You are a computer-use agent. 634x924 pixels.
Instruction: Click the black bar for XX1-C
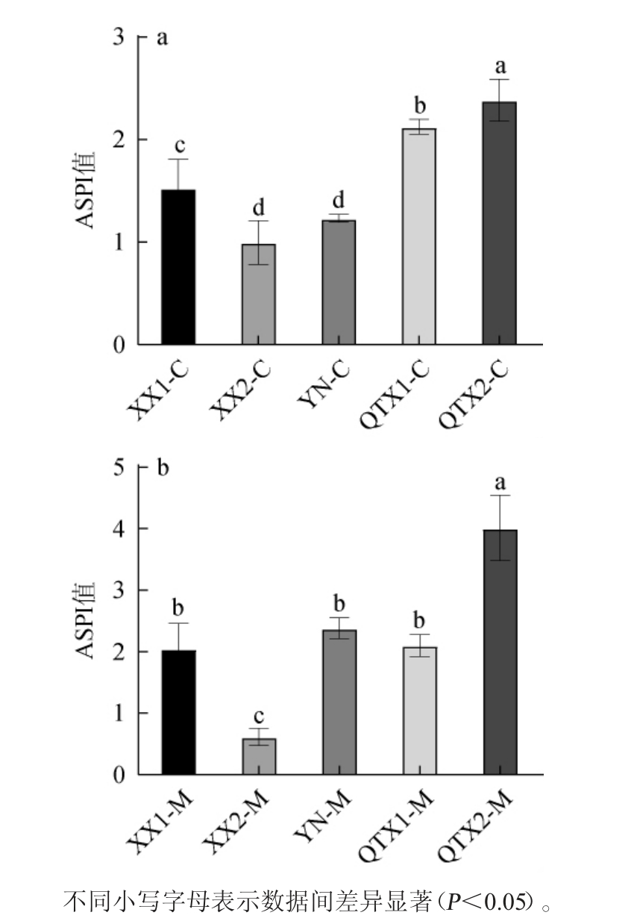pos(179,267)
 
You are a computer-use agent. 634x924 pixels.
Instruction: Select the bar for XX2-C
pos(259,294)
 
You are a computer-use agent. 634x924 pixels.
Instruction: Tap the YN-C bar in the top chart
pos(339,282)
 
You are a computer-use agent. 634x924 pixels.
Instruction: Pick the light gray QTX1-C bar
pos(419,237)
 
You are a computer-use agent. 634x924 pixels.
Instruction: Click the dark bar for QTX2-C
pos(500,223)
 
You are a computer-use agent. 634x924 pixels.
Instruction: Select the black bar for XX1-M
pos(179,712)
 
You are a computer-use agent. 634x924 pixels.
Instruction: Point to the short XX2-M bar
pos(259,756)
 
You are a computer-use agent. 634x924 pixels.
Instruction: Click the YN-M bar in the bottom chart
pos(339,702)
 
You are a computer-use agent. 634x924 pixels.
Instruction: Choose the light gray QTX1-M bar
pos(419,711)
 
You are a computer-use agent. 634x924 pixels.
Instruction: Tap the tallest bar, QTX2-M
pos(500,652)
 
